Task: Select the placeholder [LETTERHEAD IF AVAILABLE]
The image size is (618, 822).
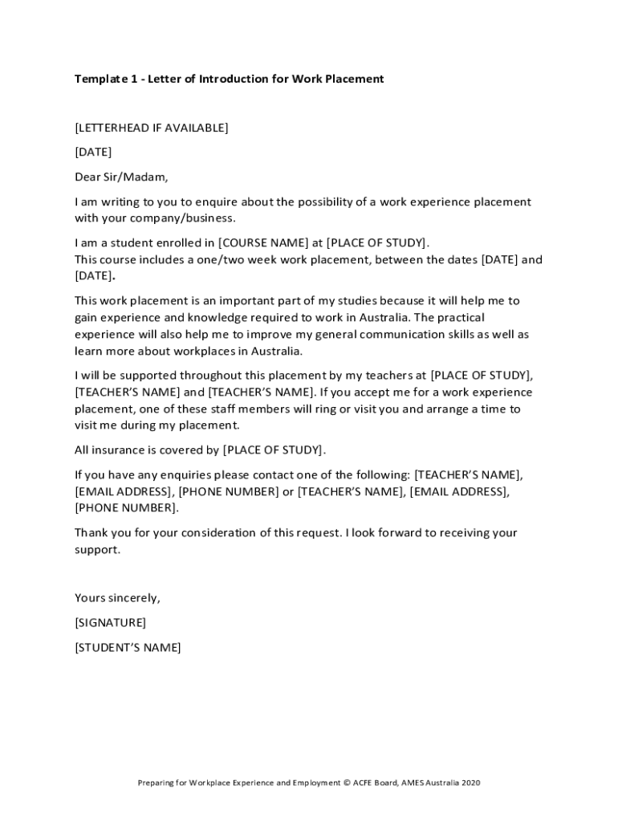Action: [x=152, y=128]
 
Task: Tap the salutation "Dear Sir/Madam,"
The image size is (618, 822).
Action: [x=121, y=177]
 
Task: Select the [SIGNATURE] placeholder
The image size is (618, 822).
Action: [x=110, y=622]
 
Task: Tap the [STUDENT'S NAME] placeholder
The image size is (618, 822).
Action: [x=128, y=647]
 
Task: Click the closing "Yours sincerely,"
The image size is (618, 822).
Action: [x=117, y=597]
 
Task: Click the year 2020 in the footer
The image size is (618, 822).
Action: [x=470, y=783]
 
